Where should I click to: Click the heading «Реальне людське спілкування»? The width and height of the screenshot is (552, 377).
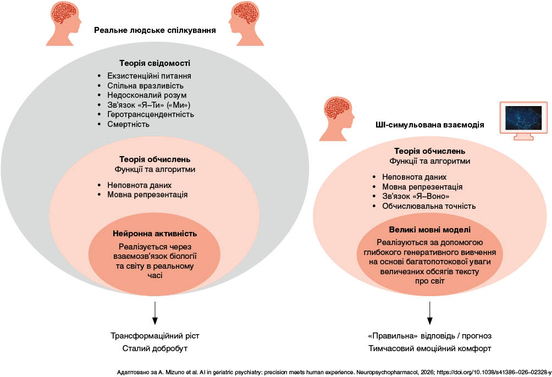pos(154,31)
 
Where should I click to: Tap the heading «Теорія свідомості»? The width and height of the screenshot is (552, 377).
pos(154,64)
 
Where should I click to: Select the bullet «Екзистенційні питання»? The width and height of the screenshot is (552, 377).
pos(152,75)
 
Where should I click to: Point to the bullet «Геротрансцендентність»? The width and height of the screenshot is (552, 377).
pos(151,115)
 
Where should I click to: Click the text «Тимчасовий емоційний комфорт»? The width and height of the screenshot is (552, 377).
pos(430,348)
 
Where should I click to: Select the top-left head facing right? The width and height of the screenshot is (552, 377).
pos(63,23)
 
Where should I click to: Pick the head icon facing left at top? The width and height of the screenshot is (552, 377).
pos(245,23)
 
